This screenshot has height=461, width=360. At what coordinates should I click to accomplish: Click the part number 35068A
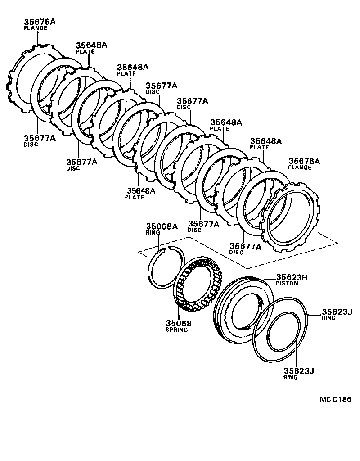(161, 226)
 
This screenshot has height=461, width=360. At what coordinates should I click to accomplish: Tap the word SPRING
(176, 330)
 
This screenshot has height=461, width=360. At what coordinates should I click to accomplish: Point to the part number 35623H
(292, 278)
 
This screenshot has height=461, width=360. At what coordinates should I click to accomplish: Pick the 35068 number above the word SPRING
(178, 323)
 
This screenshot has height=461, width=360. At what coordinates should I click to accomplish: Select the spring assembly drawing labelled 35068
(196, 285)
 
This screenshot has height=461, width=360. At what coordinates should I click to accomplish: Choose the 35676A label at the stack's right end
(304, 161)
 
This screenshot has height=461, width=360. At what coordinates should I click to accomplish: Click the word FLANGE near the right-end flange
(300, 168)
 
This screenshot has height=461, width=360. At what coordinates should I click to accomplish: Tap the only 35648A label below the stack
(141, 191)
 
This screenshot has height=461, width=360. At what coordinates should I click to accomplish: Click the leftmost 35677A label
(40, 138)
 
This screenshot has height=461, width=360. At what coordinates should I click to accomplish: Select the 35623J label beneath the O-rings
(298, 371)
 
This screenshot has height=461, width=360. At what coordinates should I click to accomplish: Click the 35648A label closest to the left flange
(91, 45)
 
